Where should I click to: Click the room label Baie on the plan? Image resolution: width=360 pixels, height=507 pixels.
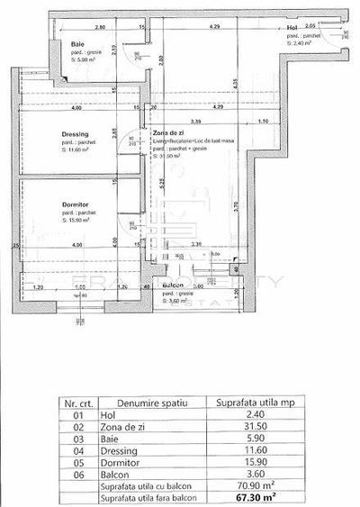click(78, 44)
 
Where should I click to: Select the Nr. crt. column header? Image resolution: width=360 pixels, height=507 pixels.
click(78, 403)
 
